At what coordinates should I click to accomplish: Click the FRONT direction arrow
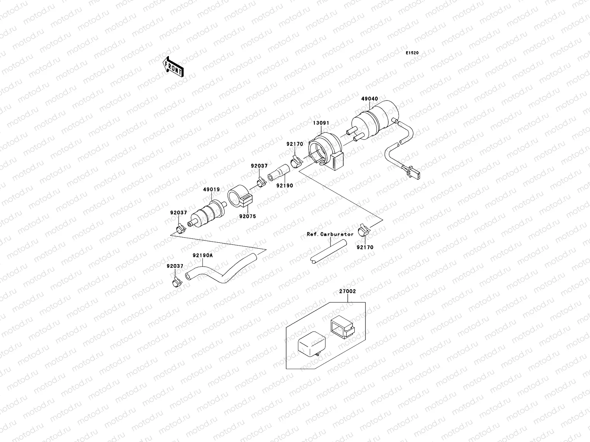(173, 67)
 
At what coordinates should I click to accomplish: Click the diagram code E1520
(412, 53)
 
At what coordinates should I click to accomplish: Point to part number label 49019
(211, 190)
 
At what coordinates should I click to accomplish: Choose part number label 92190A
(202, 255)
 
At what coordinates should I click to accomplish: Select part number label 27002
(347, 291)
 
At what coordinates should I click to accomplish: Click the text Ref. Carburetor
(330, 234)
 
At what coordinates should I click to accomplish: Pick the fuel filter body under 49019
(209, 213)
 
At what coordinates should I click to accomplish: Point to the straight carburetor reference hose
(329, 252)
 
